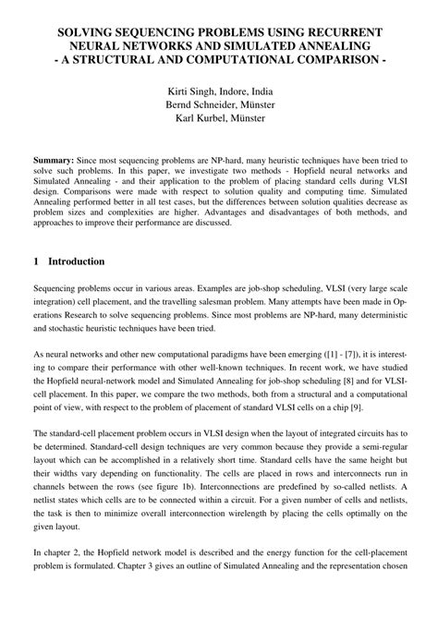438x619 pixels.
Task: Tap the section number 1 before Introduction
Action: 36,261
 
